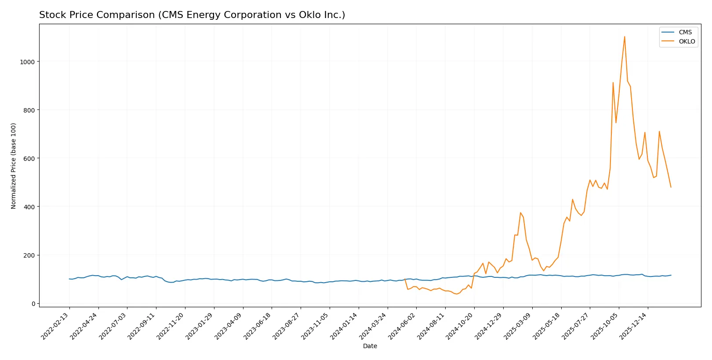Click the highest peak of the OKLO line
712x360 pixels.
(x=625, y=36)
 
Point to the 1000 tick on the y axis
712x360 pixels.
(x=27, y=62)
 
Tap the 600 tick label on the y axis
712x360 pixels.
(x=29, y=159)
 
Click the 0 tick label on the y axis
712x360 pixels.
(x=33, y=304)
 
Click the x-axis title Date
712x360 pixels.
(x=370, y=346)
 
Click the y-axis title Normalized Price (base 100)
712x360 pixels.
(x=14, y=166)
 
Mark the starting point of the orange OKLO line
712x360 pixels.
(x=405, y=279)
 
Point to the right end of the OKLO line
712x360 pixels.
(x=671, y=187)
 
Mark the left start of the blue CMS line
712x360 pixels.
(x=69, y=279)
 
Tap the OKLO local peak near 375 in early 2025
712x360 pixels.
(x=520, y=213)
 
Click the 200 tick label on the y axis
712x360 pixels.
(x=29, y=255)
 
